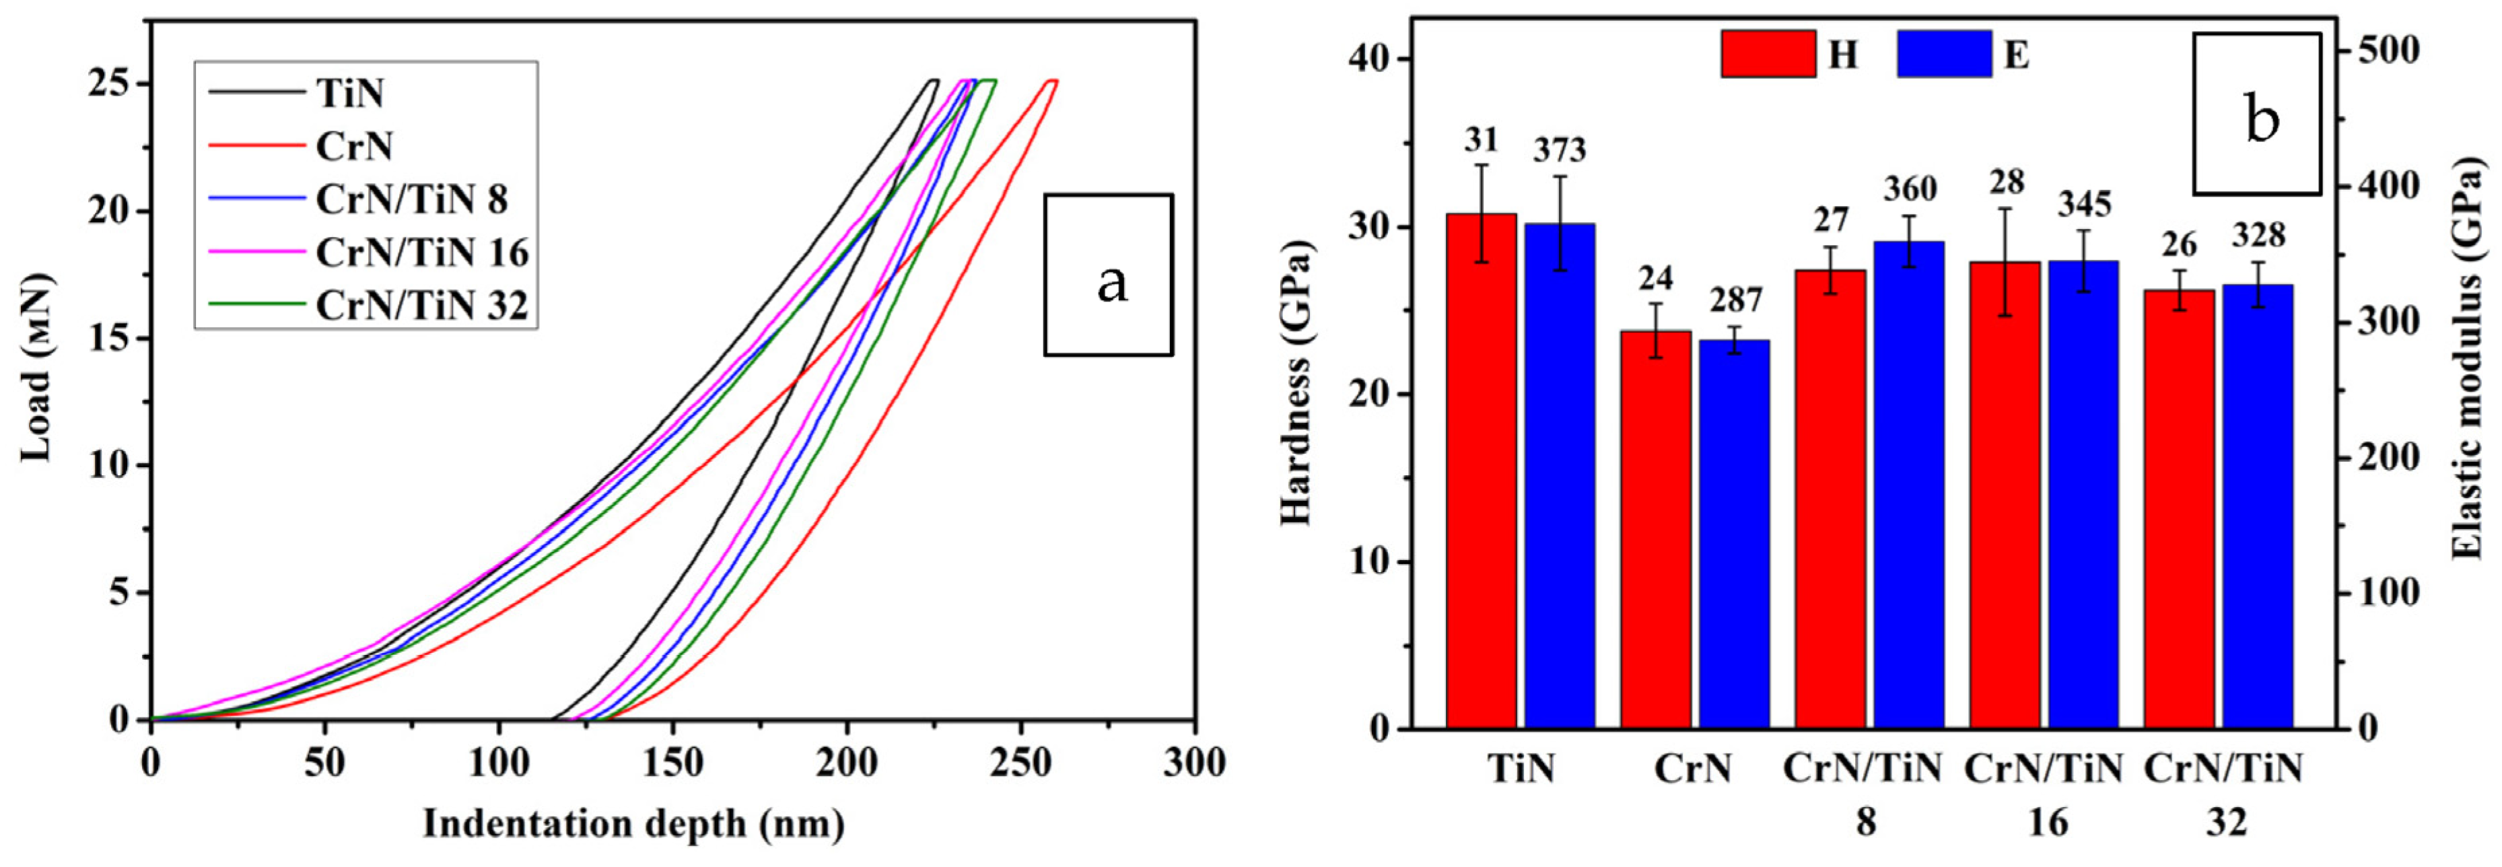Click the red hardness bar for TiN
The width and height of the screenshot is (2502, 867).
[x=1480, y=471]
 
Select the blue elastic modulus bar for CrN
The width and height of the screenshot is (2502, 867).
[x=1734, y=534]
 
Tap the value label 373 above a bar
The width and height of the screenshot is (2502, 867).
[x=1559, y=151]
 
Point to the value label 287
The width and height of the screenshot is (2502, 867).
[x=1736, y=301]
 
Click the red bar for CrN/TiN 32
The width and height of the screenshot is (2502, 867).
[x=2180, y=509]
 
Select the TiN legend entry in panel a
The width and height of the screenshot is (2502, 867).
[x=349, y=93]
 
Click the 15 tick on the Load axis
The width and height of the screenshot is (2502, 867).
[x=108, y=339]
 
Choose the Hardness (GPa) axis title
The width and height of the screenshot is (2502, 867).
[x=1296, y=384]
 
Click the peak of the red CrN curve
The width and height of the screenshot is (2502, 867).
[x=1051, y=81]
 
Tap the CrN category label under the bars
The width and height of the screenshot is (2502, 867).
[x=1693, y=769]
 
